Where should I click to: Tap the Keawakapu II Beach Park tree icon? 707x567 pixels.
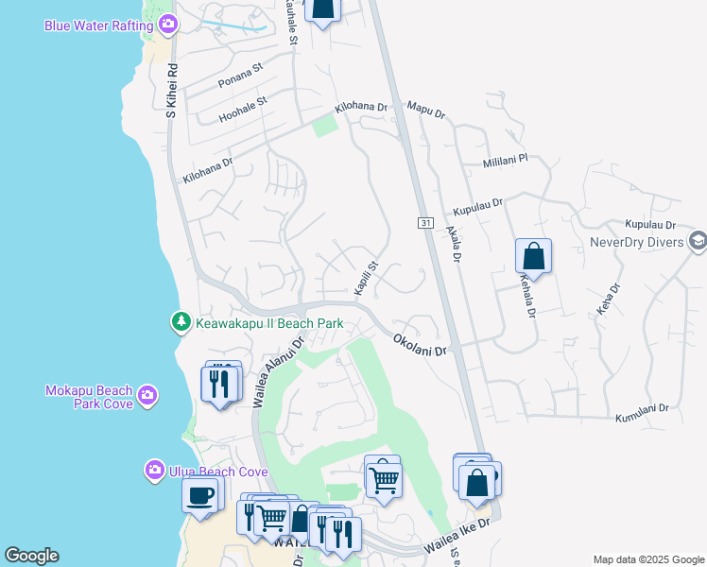click(x=181, y=323)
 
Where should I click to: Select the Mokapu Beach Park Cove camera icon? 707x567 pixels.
click(x=147, y=396)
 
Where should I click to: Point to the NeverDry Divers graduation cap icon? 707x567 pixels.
click(x=698, y=241)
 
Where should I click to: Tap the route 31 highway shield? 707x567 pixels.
click(x=426, y=223)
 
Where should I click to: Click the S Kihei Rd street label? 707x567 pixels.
click(x=172, y=91)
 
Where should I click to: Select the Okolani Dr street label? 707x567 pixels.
click(x=419, y=339)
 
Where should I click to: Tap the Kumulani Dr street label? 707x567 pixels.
click(x=642, y=413)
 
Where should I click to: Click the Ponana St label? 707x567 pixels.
click(x=240, y=75)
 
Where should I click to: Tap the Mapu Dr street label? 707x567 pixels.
click(x=425, y=111)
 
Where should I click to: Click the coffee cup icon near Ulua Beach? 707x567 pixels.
click(x=199, y=495)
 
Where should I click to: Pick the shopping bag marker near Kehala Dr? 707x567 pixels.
click(x=533, y=256)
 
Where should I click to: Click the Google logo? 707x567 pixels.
click(x=31, y=556)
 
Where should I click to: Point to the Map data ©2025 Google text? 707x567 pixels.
click(x=648, y=559)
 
